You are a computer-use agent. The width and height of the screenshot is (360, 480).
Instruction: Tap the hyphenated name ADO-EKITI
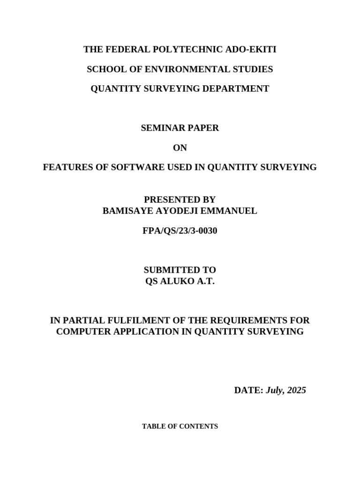[254, 50]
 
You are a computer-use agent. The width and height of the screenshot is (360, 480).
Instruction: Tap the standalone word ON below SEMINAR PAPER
[180, 148]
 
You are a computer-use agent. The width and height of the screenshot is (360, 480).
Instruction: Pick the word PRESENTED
[170, 200]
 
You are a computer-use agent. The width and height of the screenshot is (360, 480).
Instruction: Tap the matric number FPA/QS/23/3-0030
[180, 231]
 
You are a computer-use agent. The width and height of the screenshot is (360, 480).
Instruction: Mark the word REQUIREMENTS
[253, 321]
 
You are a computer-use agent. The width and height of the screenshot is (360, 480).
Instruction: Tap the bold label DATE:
[248, 390]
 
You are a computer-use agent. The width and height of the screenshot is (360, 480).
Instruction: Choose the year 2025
[296, 390]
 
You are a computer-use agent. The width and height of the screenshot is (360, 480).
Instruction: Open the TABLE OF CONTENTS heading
[180, 427]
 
